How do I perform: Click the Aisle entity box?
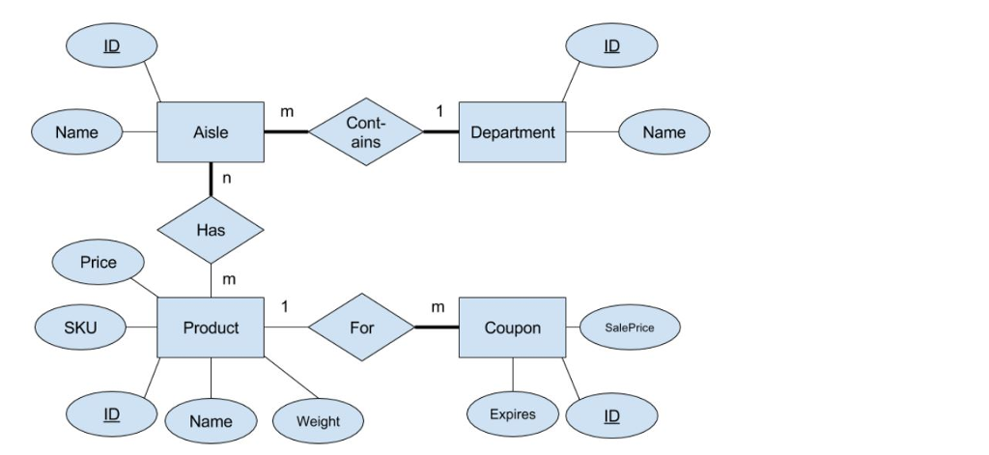211,132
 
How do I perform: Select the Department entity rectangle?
512,132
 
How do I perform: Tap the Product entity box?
211,327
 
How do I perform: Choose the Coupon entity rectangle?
512,327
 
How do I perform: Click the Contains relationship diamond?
365,132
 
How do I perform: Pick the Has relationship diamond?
211,230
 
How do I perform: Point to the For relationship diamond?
361,327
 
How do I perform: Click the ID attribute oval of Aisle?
112,46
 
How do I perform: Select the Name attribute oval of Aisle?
76,132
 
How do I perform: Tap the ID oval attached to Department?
611,46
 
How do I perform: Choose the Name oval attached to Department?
664,132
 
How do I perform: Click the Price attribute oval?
98,263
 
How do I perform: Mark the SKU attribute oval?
80,327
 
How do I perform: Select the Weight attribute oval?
318,421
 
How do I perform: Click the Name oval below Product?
211,421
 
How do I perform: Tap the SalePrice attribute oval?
630,327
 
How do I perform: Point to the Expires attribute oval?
512,414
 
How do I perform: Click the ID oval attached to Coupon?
611,415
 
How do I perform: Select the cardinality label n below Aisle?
227,178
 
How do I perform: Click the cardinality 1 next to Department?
438,112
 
